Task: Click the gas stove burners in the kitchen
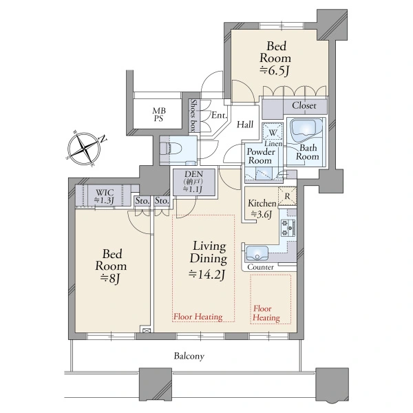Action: point(288,228)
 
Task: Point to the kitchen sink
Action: point(257,253)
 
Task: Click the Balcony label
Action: point(189,356)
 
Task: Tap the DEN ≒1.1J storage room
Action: point(193,182)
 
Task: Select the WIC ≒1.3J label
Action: point(105,196)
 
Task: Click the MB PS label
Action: point(159,115)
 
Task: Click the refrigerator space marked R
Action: point(287,196)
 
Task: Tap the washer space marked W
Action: point(273,132)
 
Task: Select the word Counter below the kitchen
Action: point(260,267)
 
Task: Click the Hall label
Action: point(245,125)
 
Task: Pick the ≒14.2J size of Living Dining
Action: point(207,275)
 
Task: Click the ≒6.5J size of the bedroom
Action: point(275,71)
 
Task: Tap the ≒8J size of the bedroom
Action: point(110,278)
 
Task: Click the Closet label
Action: point(304,105)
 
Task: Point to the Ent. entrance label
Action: point(219,115)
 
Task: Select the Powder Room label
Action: point(261,156)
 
